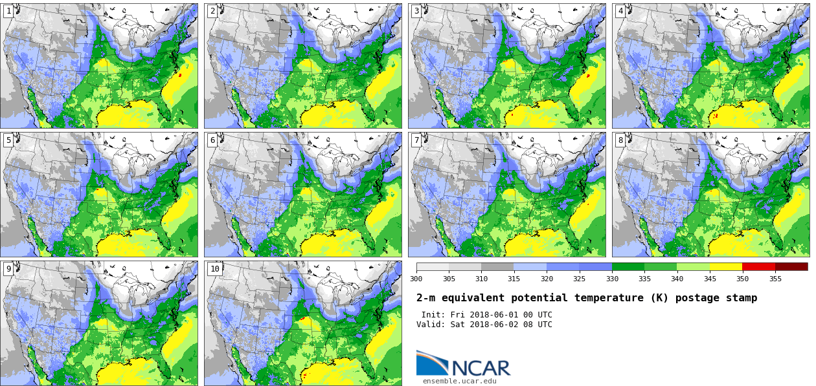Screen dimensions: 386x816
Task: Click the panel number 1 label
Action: click(x=8, y=11)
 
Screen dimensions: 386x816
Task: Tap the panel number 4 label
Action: click(x=620, y=11)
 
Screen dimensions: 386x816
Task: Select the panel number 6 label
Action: click(x=212, y=140)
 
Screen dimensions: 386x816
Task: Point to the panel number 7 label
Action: click(x=416, y=140)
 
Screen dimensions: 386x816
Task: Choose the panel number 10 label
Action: click(x=214, y=269)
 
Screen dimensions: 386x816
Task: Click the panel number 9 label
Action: click(x=8, y=269)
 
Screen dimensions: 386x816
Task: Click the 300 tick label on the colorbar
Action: click(x=416, y=279)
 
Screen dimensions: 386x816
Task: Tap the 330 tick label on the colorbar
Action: click(x=612, y=279)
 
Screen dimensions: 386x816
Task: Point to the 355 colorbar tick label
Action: click(x=775, y=279)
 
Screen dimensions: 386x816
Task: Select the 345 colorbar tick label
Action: click(x=710, y=279)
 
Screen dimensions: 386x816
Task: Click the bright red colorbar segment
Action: click(x=758, y=266)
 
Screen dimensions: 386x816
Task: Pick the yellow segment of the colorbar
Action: click(x=726, y=266)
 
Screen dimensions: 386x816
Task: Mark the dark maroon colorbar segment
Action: click(x=791, y=266)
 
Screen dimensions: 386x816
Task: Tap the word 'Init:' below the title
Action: click(x=434, y=315)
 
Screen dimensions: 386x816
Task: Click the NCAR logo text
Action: click(x=481, y=368)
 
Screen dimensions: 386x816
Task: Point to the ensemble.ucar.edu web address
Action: click(x=460, y=381)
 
